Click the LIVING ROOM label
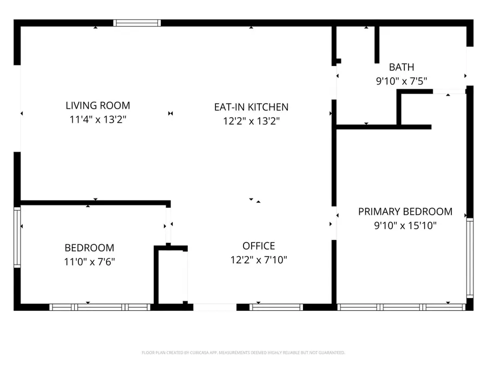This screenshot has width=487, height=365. (98, 105)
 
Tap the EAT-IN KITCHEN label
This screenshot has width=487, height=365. (251, 107)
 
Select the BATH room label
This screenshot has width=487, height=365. (402, 67)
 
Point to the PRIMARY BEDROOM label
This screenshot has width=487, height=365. (405, 211)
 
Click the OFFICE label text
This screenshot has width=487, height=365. (259, 246)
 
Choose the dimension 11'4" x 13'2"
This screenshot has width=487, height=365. (98, 120)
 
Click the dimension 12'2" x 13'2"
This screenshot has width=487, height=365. (251, 122)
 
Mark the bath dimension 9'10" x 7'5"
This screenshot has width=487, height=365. (402, 81)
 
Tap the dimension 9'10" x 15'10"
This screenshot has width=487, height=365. (405, 225)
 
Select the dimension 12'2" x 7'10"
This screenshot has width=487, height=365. (259, 260)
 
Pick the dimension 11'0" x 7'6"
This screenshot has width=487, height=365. (89, 262)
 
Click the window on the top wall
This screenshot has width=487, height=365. (137, 23)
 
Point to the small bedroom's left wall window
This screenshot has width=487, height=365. (17, 237)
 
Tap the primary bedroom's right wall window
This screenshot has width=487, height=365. (470, 258)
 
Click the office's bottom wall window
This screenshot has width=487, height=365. (276, 307)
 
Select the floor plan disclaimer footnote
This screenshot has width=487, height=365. (243, 353)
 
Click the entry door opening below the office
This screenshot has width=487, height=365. (215, 307)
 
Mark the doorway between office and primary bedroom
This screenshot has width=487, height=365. (334, 223)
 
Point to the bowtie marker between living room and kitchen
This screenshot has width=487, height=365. (170, 114)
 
